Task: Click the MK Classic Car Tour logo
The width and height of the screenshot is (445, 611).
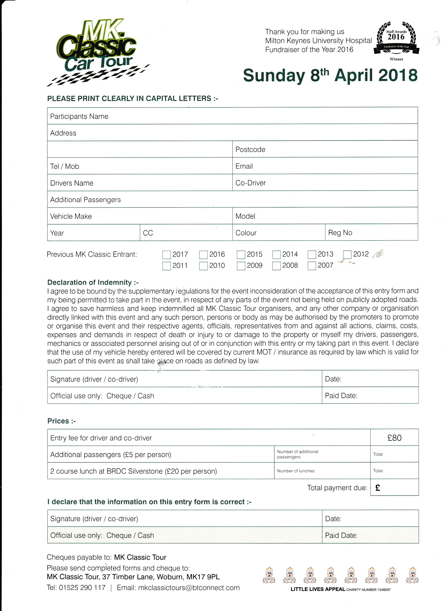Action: pos(97,51)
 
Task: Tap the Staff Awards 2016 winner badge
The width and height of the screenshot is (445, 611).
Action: pos(396,40)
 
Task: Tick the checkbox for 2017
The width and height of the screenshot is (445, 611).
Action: pos(167,255)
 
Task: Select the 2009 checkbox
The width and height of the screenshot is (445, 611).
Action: pos(241,266)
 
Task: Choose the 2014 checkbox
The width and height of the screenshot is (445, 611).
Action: pos(276,255)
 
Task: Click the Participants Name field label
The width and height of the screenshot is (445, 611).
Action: pos(79,116)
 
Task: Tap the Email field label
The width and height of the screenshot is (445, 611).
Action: pos(244,166)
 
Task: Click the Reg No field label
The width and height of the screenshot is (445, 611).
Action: pos(340,233)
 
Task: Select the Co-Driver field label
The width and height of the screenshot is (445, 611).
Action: pos(250,183)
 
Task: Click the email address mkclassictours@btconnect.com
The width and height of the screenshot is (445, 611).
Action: pos(189,588)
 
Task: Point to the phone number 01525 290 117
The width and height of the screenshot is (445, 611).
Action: pos(82,588)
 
